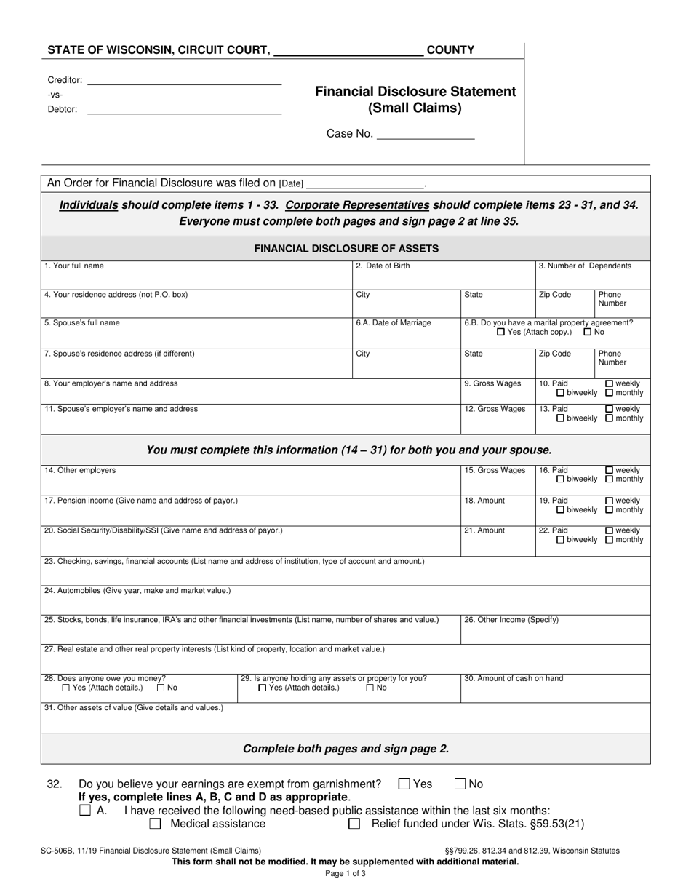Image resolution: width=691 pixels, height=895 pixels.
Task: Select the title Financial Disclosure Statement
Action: tap(415, 92)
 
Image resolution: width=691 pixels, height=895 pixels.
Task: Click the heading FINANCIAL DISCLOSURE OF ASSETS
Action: tap(346, 248)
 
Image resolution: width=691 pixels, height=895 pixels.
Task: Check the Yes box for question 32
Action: tap(404, 784)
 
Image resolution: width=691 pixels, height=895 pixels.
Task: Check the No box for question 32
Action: tap(460, 784)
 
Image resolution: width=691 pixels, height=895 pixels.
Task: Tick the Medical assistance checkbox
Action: tap(155, 824)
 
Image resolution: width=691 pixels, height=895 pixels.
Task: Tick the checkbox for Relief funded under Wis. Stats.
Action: tap(354, 824)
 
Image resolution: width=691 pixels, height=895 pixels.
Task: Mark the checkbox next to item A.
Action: tap(85, 810)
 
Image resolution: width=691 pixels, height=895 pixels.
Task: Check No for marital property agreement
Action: tap(588, 332)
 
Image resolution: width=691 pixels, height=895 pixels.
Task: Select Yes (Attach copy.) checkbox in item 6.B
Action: tap(500, 332)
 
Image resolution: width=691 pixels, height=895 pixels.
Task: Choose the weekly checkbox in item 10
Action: tap(610, 383)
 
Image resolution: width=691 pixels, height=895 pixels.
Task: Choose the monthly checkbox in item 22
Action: tap(610, 540)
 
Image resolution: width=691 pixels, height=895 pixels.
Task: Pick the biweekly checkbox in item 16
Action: tap(561, 480)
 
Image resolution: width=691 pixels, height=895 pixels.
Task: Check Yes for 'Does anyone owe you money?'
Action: tap(66, 688)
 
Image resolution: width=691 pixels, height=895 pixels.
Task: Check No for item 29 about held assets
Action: tap(370, 688)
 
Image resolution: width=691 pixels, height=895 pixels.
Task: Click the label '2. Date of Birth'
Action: tap(383, 266)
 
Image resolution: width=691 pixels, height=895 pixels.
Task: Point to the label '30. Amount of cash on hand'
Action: tap(514, 678)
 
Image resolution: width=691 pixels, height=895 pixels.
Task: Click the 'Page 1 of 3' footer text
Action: tap(345, 874)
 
